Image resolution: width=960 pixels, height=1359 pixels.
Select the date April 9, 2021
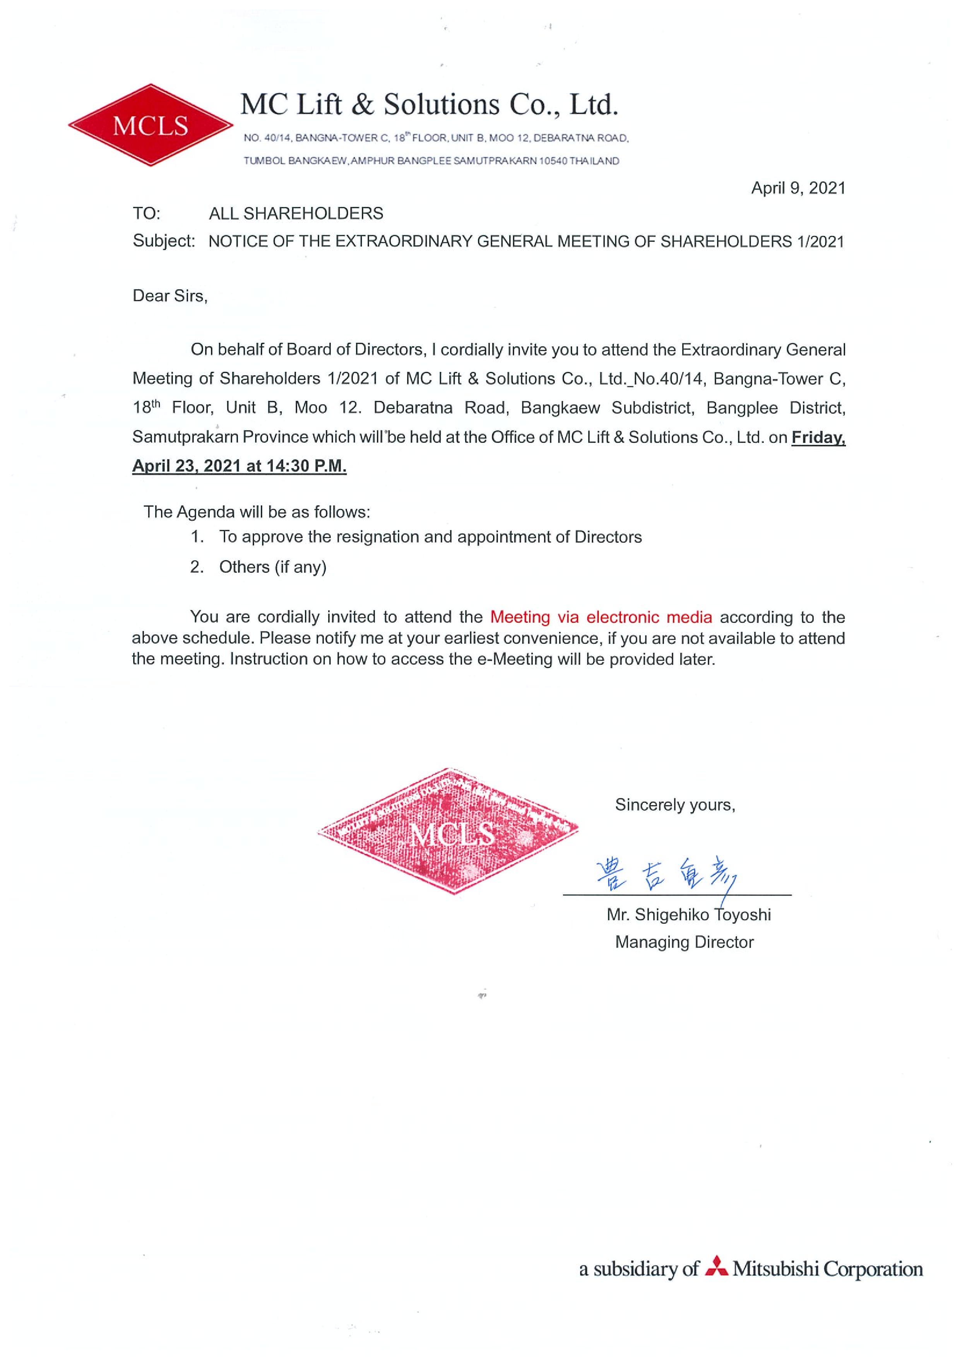[x=797, y=188]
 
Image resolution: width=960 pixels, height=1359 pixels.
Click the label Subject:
[x=163, y=241]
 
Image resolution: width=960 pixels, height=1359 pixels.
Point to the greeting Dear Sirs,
[x=170, y=296]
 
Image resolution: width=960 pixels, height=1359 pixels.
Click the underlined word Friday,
[x=818, y=438]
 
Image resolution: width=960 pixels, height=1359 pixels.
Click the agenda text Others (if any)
[x=273, y=567]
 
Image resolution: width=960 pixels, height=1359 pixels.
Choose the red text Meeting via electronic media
[x=601, y=617]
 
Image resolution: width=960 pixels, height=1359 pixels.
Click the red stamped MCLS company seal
[x=448, y=830]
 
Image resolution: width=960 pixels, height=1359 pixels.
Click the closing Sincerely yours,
[x=674, y=805]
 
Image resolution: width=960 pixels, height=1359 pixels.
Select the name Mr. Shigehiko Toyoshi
[x=688, y=915]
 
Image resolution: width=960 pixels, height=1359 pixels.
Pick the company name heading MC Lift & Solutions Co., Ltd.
[x=429, y=105]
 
